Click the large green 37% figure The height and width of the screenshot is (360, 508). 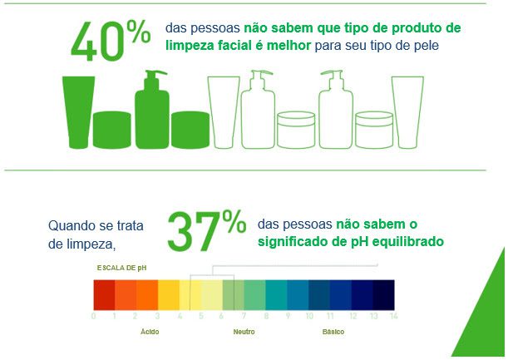205,229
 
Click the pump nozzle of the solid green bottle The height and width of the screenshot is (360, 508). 151,76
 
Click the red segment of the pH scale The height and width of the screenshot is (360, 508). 104,294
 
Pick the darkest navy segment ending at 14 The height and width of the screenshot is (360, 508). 383,294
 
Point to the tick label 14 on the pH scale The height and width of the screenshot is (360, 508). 393,316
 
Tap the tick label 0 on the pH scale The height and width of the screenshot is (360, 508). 94,316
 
